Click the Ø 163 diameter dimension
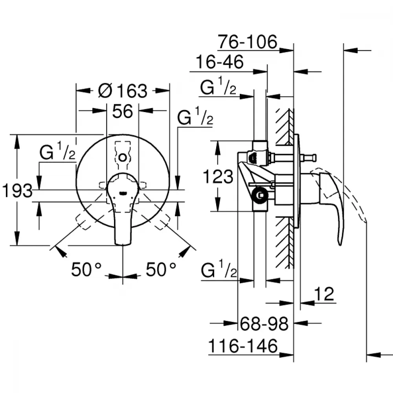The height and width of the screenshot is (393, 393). (123, 91)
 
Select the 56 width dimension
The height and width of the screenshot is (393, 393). (123, 111)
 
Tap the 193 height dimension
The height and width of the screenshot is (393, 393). (17, 191)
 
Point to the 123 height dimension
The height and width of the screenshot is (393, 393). (218, 177)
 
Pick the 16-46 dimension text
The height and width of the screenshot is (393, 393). (220, 62)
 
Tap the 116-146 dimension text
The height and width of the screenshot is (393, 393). (243, 346)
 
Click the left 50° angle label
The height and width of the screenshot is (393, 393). (86, 270)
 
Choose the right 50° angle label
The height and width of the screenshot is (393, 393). (161, 270)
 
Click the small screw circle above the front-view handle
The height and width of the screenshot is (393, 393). (123, 158)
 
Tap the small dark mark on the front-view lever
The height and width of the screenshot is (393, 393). (123, 193)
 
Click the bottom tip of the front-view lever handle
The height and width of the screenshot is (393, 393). (123, 244)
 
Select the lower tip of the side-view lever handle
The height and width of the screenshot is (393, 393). (340, 244)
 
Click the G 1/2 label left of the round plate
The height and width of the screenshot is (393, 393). (57, 151)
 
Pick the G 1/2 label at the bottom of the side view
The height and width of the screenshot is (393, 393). (219, 269)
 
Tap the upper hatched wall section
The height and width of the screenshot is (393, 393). (284, 127)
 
